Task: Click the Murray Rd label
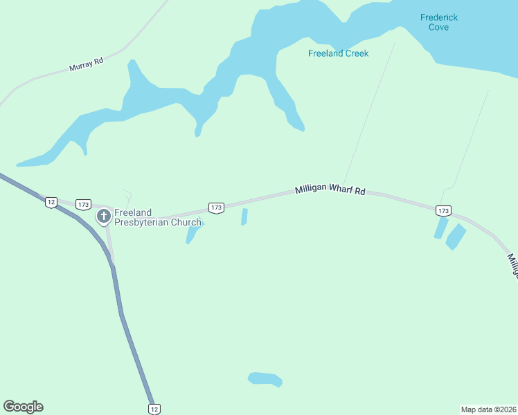coord(86,64)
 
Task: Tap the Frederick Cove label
coord(439,22)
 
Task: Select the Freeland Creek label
coord(339,53)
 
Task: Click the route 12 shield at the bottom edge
coord(154,409)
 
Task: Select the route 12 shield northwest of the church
coord(51,202)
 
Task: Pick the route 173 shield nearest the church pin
coord(84,205)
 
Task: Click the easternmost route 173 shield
coord(444,210)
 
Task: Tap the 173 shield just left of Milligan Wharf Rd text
coord(216,207)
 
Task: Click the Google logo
coord(23,407)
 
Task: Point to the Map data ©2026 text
coord(488,409)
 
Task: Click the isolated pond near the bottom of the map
coord(265,378)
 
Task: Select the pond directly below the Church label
coord(192,234)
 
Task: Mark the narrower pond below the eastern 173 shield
coord(440,228)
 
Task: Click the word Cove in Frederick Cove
coord(439,27)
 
